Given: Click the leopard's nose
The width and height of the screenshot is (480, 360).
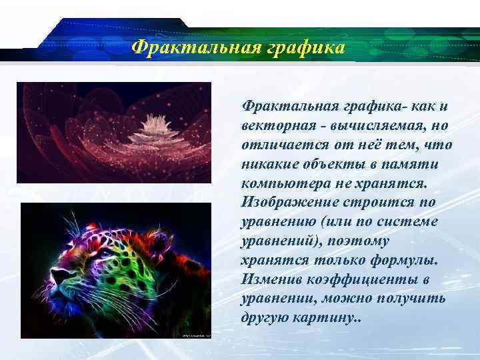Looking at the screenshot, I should (58, 275).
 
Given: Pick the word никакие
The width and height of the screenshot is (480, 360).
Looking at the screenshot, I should (269, 163).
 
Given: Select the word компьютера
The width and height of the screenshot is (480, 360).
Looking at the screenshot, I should (279, 183).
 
